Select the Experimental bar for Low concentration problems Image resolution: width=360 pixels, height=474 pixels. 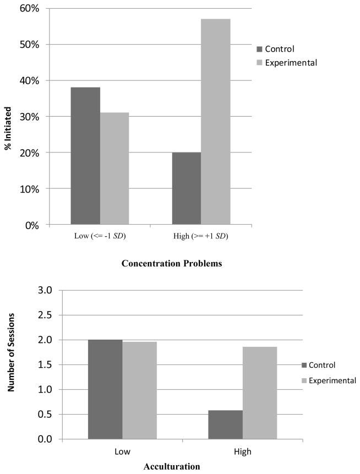[114, 168]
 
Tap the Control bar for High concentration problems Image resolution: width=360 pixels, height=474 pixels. [187, 188]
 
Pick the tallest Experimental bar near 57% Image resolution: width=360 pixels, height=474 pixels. [216, 122]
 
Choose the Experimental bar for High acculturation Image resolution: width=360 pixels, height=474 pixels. [260, 393]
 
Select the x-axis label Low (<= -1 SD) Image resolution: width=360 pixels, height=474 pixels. [99, 237]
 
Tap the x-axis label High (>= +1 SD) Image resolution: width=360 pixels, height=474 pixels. [201, 237]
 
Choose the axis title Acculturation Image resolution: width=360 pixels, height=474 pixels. [171, 466]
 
